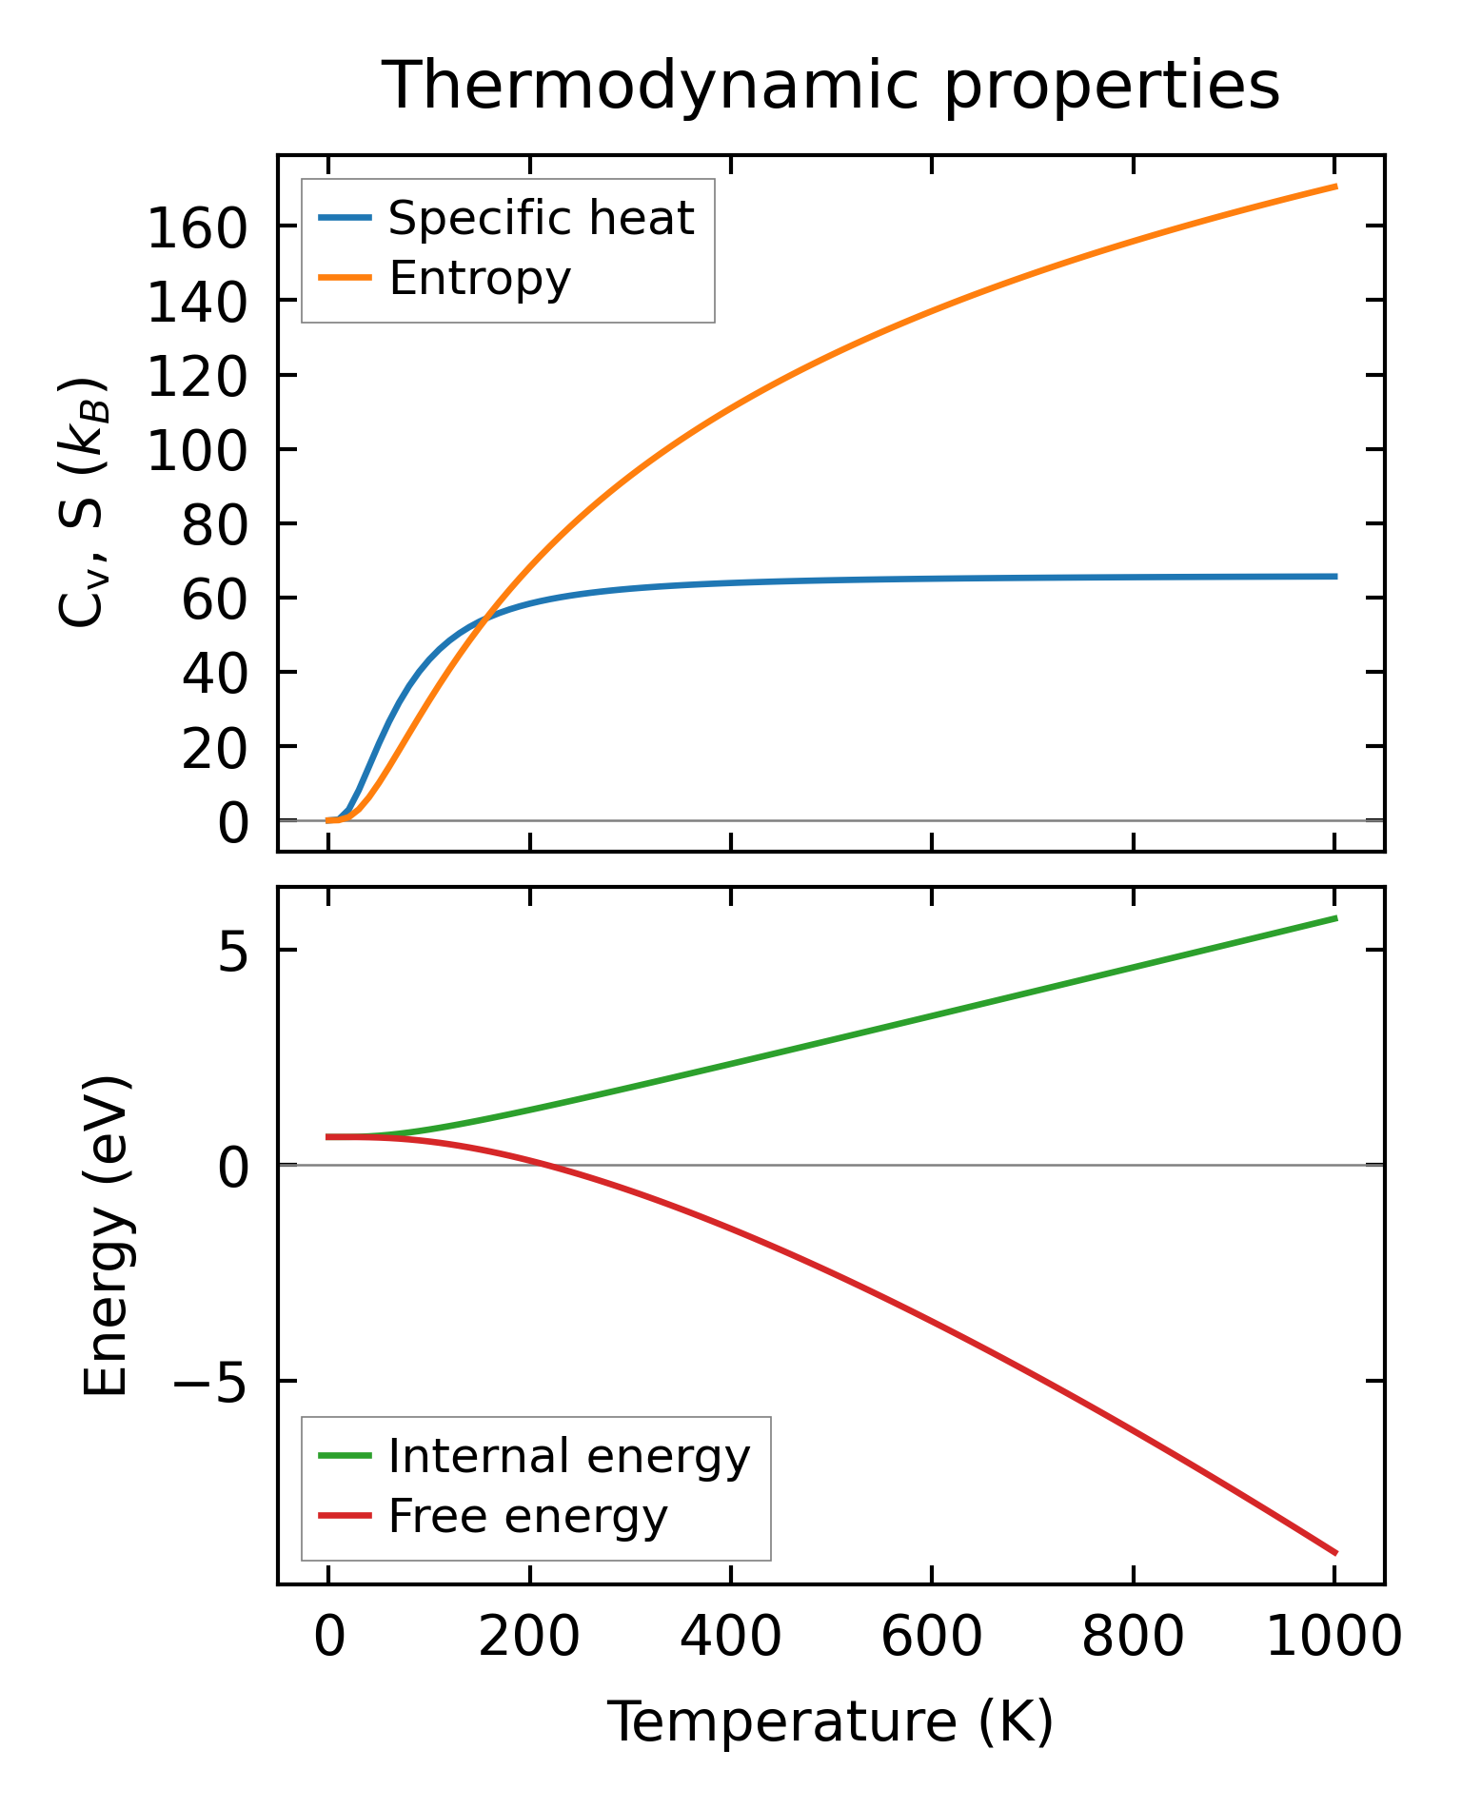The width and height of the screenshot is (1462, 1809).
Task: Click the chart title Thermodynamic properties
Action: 830,86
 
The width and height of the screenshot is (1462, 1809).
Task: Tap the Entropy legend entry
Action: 480,279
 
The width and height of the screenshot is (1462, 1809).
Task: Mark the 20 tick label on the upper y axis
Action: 215,750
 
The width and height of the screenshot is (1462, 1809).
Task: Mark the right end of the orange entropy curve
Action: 1335,187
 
